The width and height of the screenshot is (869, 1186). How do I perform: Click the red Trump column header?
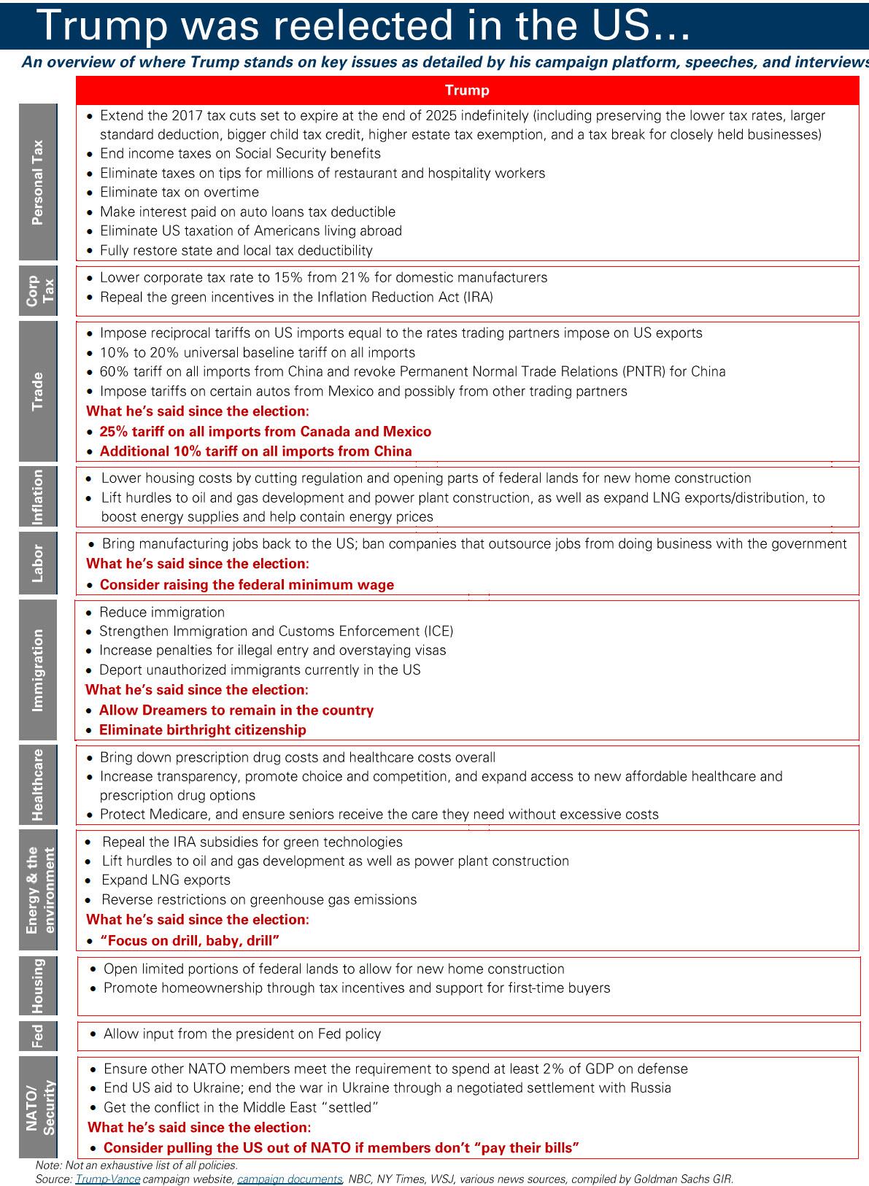[467, 90]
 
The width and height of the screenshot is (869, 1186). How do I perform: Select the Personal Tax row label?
[38, 182]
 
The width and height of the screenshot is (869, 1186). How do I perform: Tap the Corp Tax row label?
[38, 291]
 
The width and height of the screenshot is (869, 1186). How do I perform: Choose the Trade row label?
[38, 391]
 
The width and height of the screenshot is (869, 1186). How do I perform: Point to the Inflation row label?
[38, 496]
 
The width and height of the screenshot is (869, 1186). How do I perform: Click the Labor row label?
[38, 563]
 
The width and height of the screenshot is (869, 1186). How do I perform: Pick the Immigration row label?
[38, 670]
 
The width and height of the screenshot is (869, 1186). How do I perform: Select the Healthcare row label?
[38, 785]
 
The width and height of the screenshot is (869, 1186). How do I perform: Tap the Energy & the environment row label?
[38, 889]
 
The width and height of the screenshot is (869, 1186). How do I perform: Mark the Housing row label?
[38, 985]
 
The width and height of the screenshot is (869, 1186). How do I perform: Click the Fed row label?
[38, 1035]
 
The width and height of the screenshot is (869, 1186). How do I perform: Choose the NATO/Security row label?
[38, 1107]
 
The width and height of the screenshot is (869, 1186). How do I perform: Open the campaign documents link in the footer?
[290, 1179]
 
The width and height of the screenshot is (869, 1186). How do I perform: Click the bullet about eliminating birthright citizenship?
[203, 730]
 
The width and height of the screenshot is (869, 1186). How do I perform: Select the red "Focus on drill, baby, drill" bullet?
[190, 941]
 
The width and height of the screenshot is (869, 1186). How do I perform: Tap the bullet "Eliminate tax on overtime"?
[179, 193]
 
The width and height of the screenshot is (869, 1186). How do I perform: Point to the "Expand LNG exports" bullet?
[166, 880]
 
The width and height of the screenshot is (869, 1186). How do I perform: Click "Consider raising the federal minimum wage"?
[247, 585]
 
